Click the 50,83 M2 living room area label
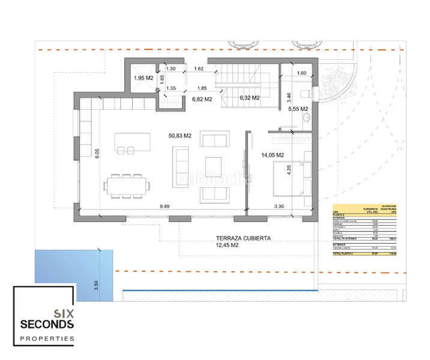pos(180,136)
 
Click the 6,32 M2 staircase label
pos(249,97)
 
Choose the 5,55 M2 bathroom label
pos(297,109)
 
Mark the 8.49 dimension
pos(165,206)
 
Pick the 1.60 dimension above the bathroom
pos(302,73)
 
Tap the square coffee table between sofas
pos(214,166)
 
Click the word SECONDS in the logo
pos(47,325)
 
